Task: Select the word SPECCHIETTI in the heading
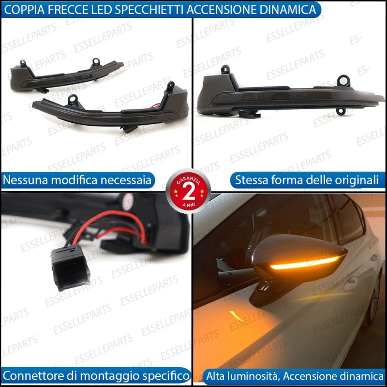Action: tap(149, 10)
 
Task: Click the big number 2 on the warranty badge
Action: tap(188, 193)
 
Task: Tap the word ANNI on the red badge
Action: tap(189, 205)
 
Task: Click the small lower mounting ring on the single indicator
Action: tap(341, 111)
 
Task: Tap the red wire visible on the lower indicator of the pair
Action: tap(155, 106)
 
